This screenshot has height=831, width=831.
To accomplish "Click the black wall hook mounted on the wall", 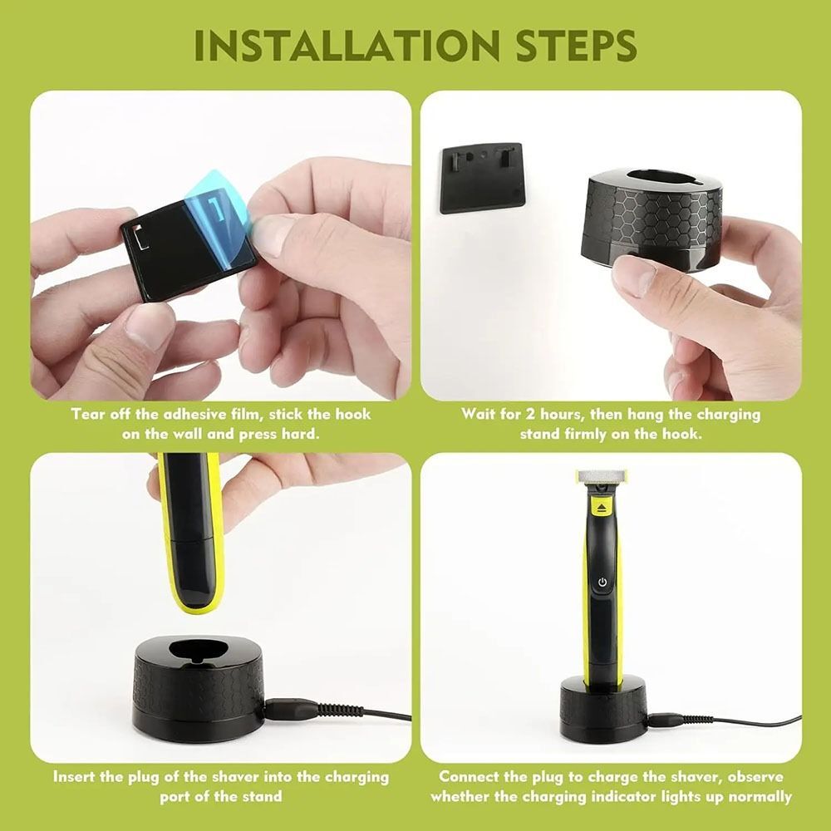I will (480, 177).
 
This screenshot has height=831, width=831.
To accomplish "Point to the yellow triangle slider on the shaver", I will (601, 504).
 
